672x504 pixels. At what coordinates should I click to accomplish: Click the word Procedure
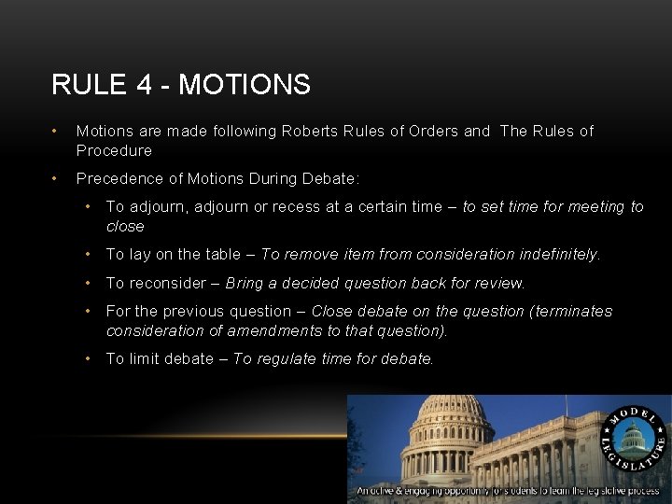coord(114,150)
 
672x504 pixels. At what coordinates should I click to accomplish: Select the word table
coord(225,254)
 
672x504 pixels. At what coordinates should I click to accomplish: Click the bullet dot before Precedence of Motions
coord(57,178)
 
